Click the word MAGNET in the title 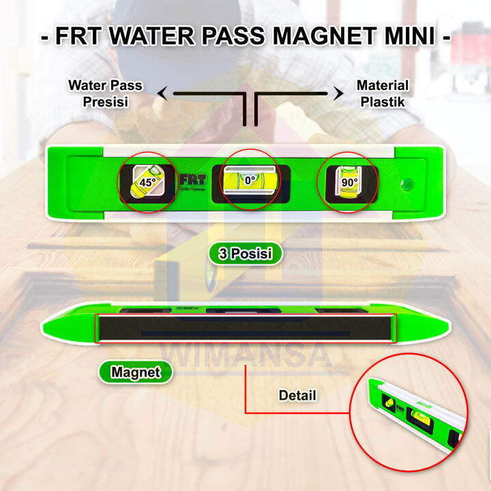327,36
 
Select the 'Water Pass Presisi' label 105,93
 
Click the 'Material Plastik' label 383,93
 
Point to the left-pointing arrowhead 162,94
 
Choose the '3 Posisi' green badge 245,254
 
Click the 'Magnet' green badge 135,372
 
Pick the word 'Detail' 297,395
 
